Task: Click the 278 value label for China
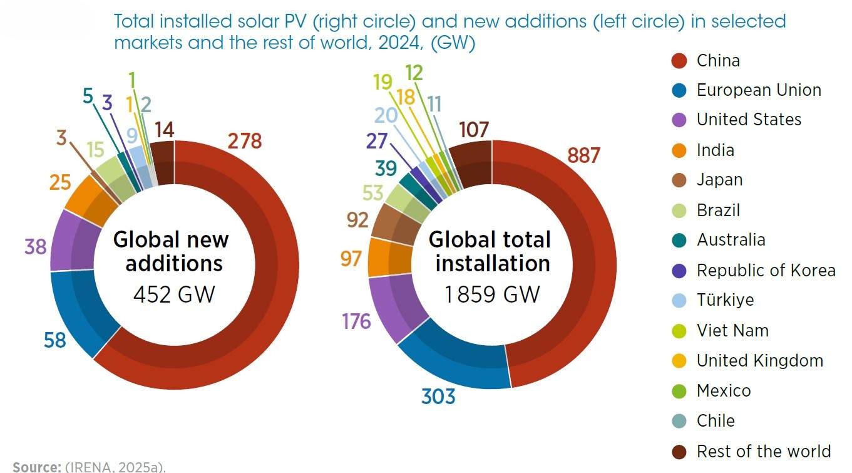click(244, 142)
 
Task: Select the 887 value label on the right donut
click(583, 155)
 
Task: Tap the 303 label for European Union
click(438, 396)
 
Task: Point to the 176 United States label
click(356, 321)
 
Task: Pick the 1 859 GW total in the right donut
click(492, 293)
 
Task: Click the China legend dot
click(679, 61)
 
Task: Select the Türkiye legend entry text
click(734, 299)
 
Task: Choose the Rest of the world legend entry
click(763, 451)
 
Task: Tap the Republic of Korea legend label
click(766, 270)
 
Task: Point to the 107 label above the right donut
click(473, 130)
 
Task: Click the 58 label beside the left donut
click(55, 340)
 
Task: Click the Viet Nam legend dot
click(679, 330)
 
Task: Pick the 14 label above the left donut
click(163, 130)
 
